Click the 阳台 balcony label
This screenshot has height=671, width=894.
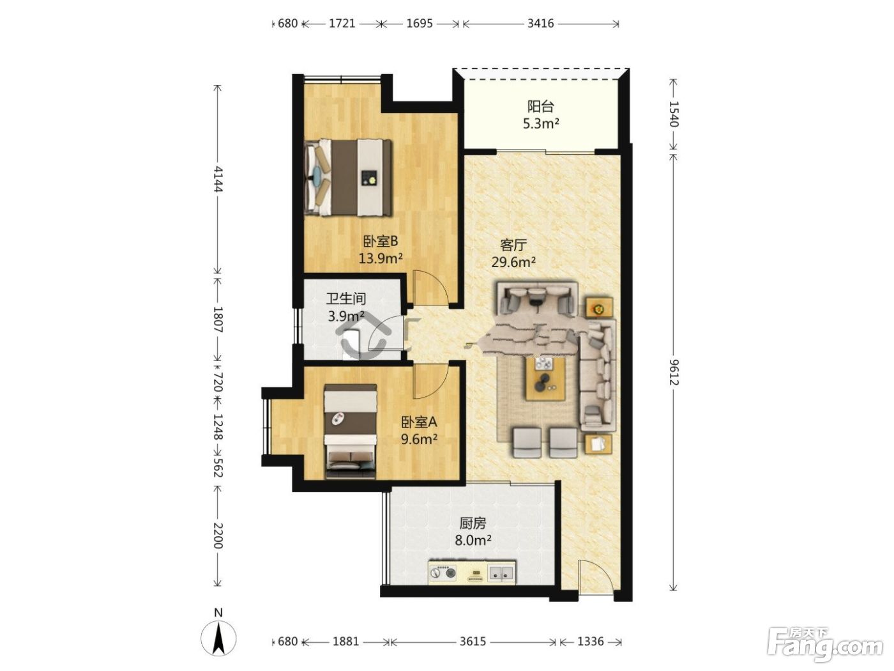point(540,107)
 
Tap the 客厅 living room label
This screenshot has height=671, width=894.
point(513,245)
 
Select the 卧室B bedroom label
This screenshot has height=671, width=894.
point(381,242)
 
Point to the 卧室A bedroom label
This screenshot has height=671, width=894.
point(419,422)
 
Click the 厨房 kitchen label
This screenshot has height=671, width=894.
point(473,523)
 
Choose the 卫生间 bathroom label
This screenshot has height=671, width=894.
point(346,298)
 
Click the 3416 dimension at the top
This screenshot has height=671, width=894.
point(540,23)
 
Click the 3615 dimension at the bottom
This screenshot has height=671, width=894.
point(473,642)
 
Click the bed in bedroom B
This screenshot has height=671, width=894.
point(348,178)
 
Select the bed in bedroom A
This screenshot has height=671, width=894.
point(351,431)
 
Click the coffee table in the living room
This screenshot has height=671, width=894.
point(545,378)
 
